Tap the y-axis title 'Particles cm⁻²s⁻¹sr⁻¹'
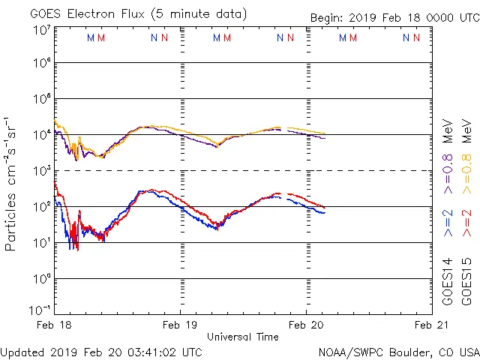click(x=11, y=184)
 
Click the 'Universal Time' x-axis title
click(x=242, y=337)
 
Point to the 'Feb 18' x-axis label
click(x=54, y=325)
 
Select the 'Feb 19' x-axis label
click(x=181, y=325)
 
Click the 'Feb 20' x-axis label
click(x=306, y=325)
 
